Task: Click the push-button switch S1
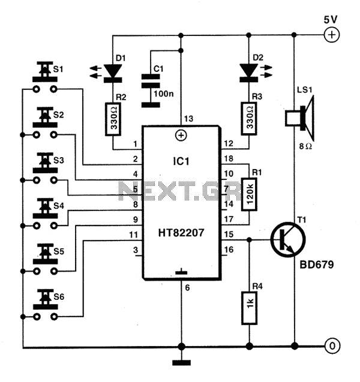pos(45,77)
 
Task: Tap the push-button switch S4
pos(45,213)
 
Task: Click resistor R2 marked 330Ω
pos(113,119)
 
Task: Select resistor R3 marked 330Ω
pos(249,119)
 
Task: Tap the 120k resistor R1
pos(249,194)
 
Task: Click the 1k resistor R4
pos(249,308)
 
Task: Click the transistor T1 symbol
pos(287,239)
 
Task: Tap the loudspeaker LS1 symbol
pos(300,119)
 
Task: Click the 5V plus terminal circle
pos(331,35)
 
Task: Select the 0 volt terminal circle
pos(332,346)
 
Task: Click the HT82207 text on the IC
pos(181,233)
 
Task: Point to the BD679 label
pos(316,264)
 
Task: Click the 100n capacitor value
pos(164,94)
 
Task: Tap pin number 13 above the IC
pos(188,119)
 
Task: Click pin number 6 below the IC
pos(187,288)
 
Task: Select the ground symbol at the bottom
pos(181,363)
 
